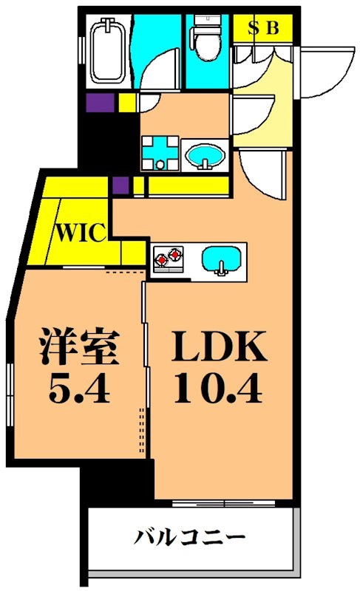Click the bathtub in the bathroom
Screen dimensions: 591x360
(x=109, y=51)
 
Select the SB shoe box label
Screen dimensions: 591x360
(x=264, y=29)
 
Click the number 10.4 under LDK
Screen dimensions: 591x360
(x=219, y=389)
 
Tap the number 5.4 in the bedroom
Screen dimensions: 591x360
(x=80, y=389)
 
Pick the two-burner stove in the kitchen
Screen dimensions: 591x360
(x=168, y=259)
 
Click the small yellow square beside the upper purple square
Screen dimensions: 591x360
(x=126, y=103)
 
